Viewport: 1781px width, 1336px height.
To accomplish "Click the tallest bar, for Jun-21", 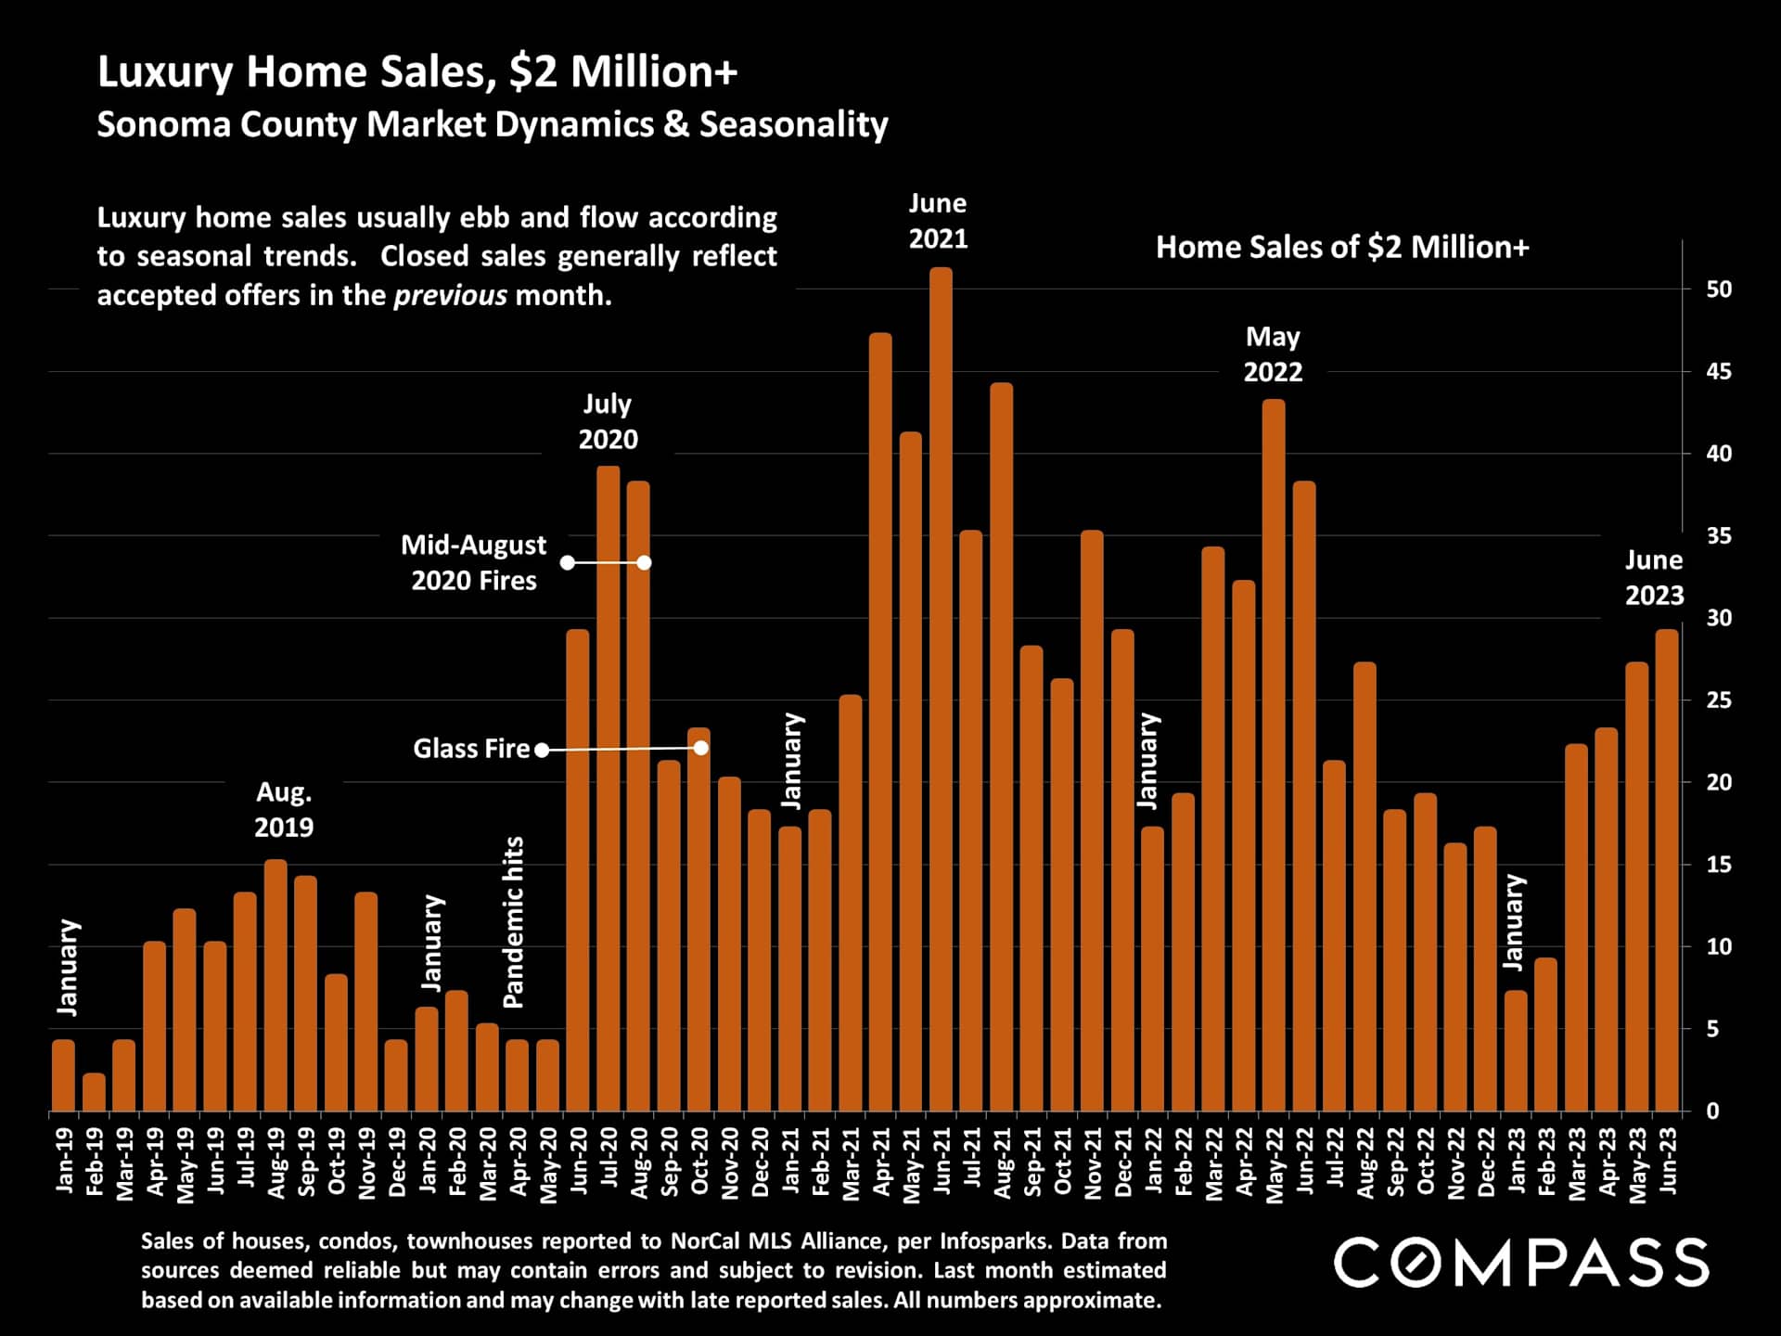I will [x=941, y=691].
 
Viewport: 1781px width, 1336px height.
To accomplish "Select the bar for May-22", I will [x=1274, y=756].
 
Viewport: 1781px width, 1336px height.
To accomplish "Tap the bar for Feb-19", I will [x=94, y=1092].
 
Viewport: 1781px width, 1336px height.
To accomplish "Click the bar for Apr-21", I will [x=880, y=724].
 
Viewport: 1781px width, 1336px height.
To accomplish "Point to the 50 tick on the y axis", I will [x=1719, y=289].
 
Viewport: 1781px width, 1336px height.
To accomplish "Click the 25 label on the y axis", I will [x=1719, y=700].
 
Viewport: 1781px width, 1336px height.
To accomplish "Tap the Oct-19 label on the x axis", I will [x=337, y=1162].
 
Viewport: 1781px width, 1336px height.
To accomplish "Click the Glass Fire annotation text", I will [x=471, y=749].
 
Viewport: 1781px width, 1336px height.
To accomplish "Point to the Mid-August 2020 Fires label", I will [x=473, y=562].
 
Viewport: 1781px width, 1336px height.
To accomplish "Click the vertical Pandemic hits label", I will [x=514, y=922].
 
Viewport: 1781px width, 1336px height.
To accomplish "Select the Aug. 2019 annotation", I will [x=284, y=809].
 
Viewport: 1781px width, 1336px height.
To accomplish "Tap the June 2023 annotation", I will [x=1654, y=577].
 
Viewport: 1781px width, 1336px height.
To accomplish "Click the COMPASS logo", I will [x=1521, y=1263].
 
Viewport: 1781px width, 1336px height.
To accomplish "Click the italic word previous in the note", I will [x=450, y=296].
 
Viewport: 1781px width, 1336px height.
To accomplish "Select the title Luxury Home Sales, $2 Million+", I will [x=417, y=72].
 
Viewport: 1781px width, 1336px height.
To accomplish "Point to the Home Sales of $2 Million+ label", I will [x=1342, y=248].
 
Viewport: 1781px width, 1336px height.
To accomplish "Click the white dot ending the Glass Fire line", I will [x=701, y=748].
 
